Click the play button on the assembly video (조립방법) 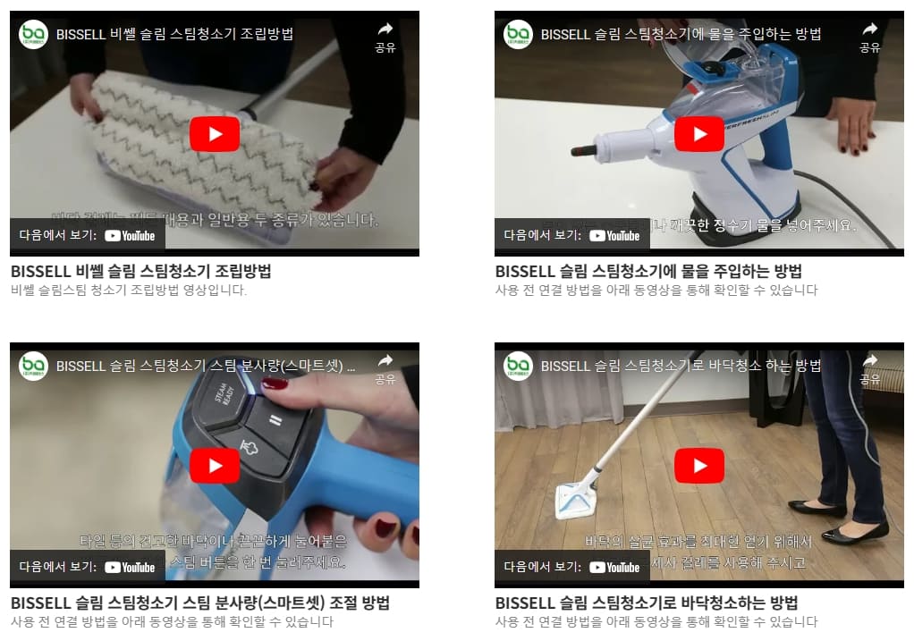coord(215,134)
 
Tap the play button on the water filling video coord(698,134)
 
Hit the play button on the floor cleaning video coord(698,466)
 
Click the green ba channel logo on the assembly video coord(33,34)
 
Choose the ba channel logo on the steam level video coord(33,366)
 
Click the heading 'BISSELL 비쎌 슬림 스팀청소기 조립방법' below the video coord(140,271)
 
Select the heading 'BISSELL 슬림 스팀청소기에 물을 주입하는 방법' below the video coord(648,271)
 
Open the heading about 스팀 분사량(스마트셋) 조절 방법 coord(199,603)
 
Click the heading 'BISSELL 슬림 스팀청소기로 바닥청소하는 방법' coord(646,603)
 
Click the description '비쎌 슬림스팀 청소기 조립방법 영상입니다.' coord(129,291)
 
